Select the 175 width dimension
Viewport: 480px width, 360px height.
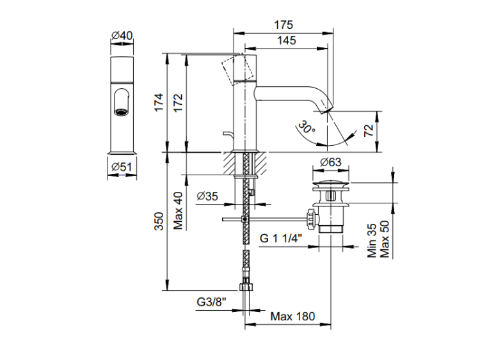283,25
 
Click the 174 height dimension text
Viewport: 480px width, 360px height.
159,102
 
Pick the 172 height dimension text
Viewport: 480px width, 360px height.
179,102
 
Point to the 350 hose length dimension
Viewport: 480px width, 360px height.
159,221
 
